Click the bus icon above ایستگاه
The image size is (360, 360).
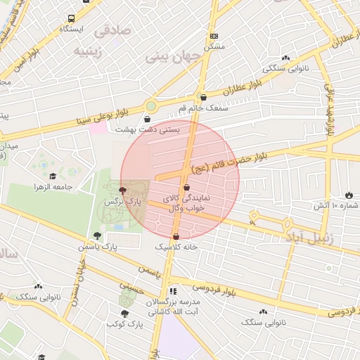coord(72,18)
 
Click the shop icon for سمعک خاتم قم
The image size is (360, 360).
coord(203,98)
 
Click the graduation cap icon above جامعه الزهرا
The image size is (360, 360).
coord(52,176)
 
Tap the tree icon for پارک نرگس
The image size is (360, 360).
coord(123,190)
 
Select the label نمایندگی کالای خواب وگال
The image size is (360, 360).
coord(186,203)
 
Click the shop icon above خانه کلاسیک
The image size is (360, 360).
coord(176,236)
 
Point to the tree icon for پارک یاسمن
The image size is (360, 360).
coord(97,236)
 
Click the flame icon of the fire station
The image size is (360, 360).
coord(349,194)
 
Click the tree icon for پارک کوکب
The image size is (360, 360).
coord(125,314)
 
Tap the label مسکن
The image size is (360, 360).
coord(214,46)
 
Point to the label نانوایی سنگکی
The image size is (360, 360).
coord(285,68)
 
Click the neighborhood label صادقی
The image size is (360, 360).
coord(112,31)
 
